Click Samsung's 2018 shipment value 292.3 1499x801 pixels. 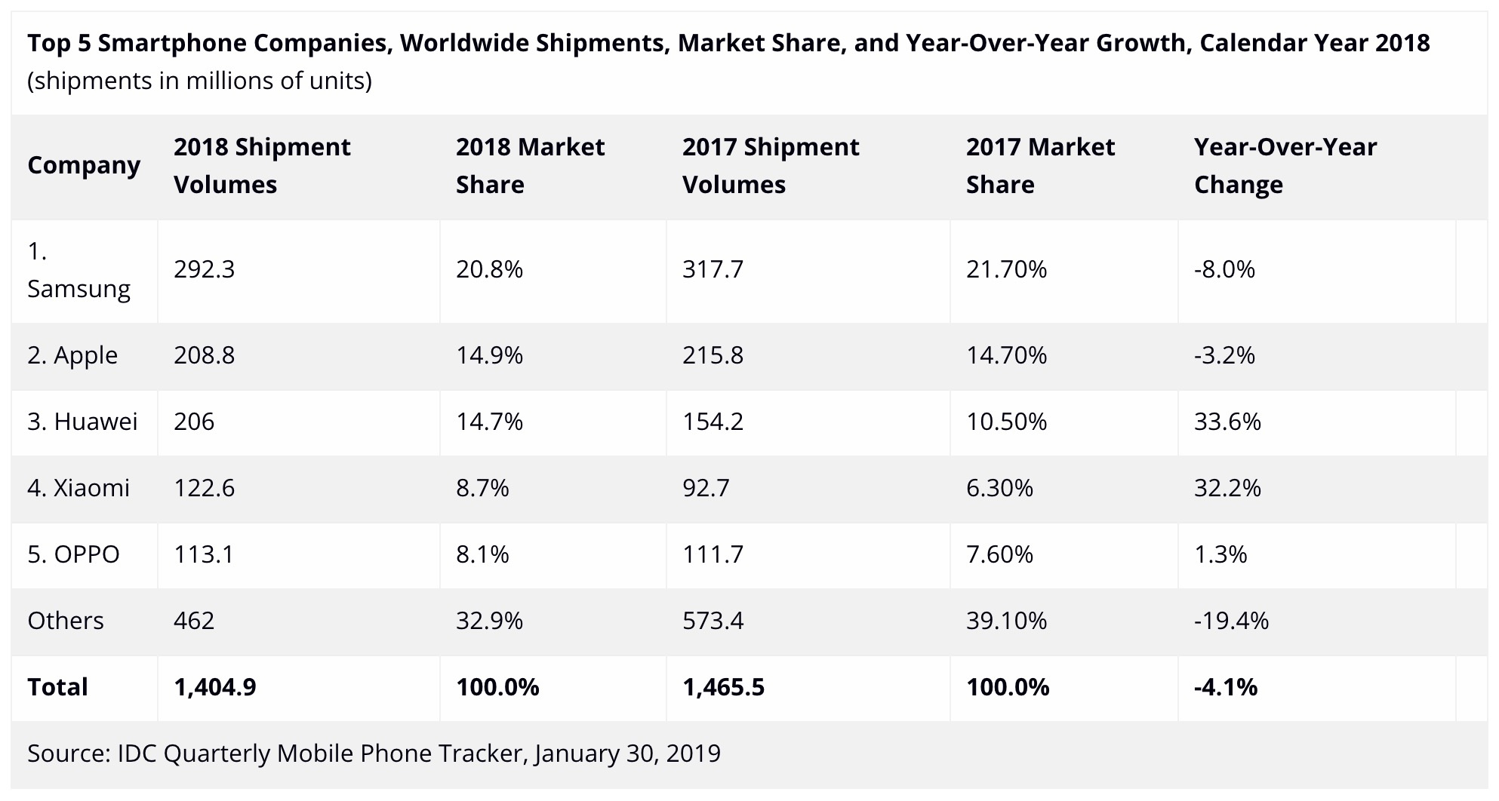(x=204, y=269)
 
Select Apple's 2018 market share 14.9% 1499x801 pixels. (x=489, y=355)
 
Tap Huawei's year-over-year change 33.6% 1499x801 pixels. (x=1227, y=422)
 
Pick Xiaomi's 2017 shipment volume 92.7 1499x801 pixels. (x=706, y=488)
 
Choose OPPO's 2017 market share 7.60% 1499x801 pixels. (x=999, y=554)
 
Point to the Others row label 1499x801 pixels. (x=66, y=621)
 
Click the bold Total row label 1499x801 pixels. (x=57, y=687)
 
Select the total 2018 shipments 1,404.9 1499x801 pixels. (x=215, y=687)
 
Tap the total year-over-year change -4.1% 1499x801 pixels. (x=1226, y=687)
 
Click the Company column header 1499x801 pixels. (x=84, y=165)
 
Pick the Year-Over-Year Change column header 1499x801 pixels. (x=1285, y=165)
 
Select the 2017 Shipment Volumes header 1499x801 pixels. (x=771, y=165)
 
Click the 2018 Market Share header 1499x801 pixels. (x=530, y=165)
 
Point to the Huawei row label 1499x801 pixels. (x=82, y=422)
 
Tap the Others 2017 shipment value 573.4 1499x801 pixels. (x=713, y=621)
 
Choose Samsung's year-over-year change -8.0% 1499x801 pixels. (x=1224, y=269)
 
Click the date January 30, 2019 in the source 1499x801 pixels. (x=627, y=753)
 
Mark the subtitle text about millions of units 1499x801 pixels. (x=199, y=81)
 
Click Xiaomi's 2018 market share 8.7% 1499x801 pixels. (x=482, y=488)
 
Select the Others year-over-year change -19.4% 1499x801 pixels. (x=1231, y=621)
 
